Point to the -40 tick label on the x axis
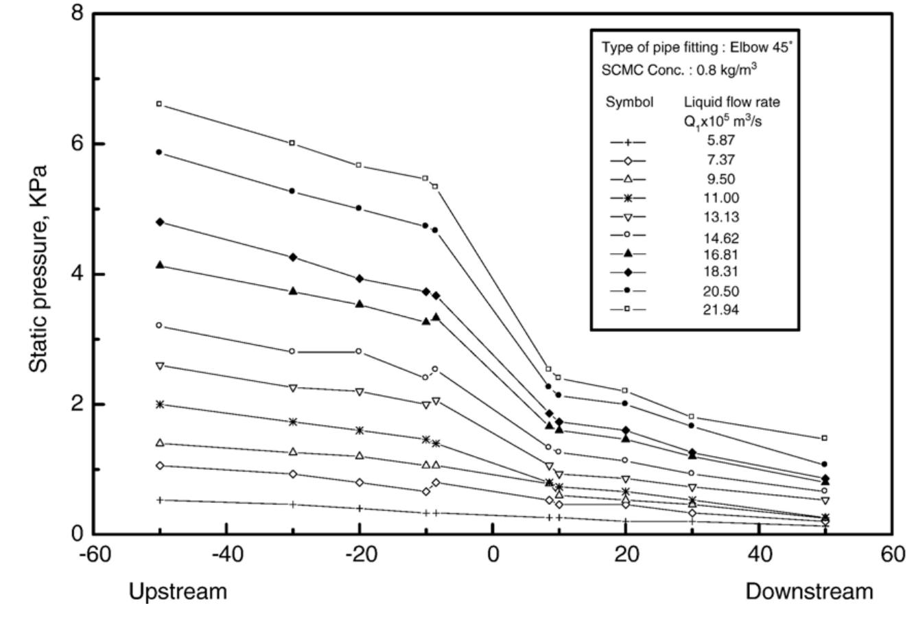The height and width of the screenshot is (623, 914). (x=226, y=554)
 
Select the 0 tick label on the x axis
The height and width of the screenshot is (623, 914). (x=493, y=554)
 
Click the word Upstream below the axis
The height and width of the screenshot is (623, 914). (x=179, y=591)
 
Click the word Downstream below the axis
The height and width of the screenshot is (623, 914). (x=810, y=591)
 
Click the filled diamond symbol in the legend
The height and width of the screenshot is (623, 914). (x=628, y=272)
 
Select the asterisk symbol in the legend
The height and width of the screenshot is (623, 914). (x=628, y=198)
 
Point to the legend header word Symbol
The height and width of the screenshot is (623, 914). (x=629, y=103)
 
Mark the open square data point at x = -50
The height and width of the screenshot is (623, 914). (x=159, y=104)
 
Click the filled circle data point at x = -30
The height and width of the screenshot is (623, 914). (x=292, y=191)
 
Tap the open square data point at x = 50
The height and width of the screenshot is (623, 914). (x=825, y=438)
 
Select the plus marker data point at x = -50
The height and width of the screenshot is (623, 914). (x=160, y=500)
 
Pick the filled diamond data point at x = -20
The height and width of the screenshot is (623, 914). (x=359, y=279)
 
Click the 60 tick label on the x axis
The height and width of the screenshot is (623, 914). (x=891, y=554)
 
